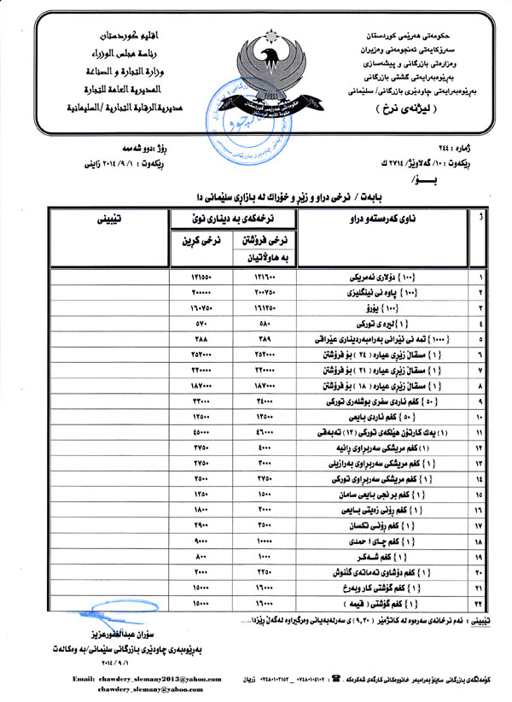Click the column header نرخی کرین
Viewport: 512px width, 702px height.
pyautogui.click(x=201, y=242)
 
